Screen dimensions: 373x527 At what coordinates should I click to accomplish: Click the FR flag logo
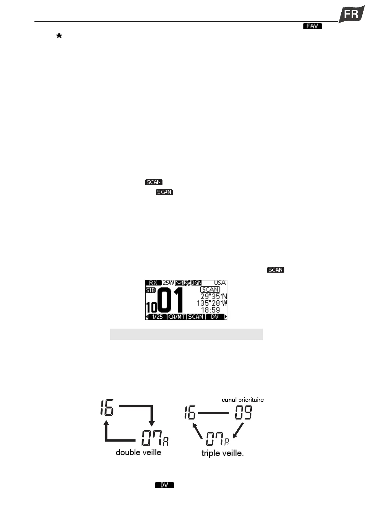coord(352,14)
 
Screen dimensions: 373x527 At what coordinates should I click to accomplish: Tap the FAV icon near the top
coord(312,26)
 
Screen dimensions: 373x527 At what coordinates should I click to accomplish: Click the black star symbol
coord(59,36)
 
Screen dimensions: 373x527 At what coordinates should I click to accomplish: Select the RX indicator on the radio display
coord(153,283)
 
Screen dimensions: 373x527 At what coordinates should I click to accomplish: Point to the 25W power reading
coord(168,283)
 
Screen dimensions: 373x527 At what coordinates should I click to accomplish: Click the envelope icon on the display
coord(179,283)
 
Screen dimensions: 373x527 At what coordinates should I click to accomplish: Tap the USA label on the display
coord(220,283)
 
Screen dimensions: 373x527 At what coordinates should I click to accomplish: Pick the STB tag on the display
coord(150,290)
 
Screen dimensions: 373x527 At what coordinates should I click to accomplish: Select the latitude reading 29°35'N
coord(214,297)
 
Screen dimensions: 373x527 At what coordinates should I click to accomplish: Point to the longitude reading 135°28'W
coord(212,303)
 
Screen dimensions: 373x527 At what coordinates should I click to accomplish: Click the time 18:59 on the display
coord(210,310)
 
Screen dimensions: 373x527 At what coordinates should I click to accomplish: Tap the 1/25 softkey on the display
coord(157,317)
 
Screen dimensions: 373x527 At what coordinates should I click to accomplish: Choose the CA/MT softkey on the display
coord(177,317)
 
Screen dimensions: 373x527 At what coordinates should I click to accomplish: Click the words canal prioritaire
coord(243,400)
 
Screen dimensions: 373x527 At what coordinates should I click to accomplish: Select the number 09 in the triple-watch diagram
coord(244,412)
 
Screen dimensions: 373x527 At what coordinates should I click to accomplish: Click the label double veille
coord(138,452)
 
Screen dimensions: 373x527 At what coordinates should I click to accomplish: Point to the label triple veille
coord(222,453)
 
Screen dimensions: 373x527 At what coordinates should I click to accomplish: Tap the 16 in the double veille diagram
coord(107,407)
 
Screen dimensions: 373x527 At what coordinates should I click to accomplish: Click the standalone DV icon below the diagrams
coord(164,485)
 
